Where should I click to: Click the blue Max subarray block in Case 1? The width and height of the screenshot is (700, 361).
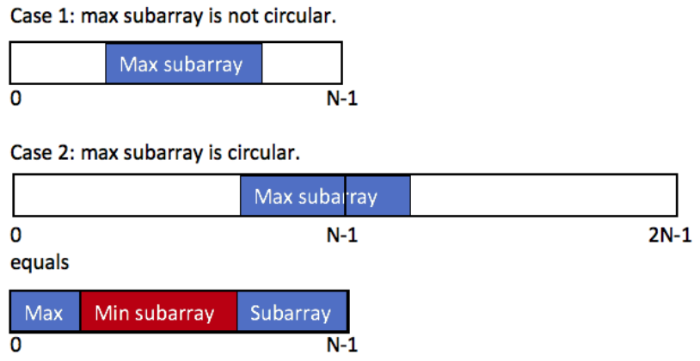coord(184,63)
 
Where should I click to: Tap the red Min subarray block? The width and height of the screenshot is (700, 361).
coord(158,311)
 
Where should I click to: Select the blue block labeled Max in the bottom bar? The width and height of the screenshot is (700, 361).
coord(45,311)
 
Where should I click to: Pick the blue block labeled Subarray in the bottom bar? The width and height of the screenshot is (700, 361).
coord(292,311)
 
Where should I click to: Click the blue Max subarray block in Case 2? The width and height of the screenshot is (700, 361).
coord(325,195)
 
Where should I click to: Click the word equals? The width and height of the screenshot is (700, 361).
coord(40,262)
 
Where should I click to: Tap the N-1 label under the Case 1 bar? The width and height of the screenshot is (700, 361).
coord(342,99)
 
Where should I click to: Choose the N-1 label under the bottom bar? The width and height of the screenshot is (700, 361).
coord(342,345)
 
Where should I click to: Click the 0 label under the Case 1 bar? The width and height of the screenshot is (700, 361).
coord(15,99)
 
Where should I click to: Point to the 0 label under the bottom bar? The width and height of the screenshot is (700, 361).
coord(15,345)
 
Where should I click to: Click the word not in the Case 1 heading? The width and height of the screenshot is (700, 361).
coord(243,16)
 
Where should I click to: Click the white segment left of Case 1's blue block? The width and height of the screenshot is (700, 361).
coord(58,63)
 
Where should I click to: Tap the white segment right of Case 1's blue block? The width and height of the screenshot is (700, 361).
coord(302,63)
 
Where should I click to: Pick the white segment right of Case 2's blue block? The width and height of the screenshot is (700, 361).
coord(543,195)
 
